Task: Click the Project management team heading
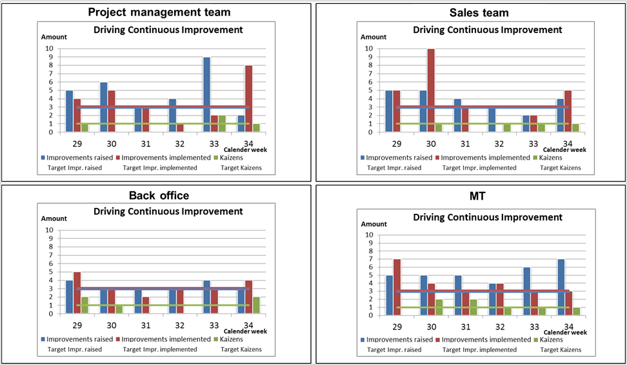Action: [x=159, y=12]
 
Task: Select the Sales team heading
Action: [x=479, y=13]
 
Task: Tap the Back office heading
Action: [x=159, y=196]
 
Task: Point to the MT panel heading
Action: [x=477, y=196]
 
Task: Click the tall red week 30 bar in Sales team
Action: [x=431, y=90]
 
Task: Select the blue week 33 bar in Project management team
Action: [x=206, y=94]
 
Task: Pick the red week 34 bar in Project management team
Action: [x=249, y=99]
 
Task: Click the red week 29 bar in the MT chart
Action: [x=397, y=287]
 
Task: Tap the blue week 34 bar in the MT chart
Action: [x=561, y=287]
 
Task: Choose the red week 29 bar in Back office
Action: [x=77, y=293]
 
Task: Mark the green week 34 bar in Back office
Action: [x=256, y=306]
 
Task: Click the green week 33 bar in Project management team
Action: [x=223, y=124]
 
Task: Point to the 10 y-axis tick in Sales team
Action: [x=368, y=48]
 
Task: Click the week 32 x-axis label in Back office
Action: [x=180, y=326]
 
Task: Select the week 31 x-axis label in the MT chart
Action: [x=466, y=327]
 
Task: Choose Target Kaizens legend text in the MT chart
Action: [x=561, y=349]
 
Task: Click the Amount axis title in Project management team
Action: [x=54, y=37]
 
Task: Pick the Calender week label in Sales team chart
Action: [x=564, y=150]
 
